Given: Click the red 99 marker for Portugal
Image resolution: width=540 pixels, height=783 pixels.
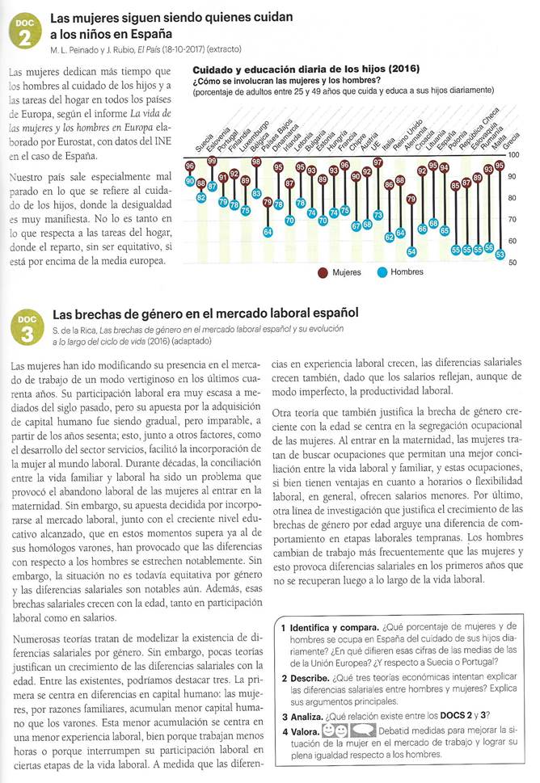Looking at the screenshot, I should [213, 162].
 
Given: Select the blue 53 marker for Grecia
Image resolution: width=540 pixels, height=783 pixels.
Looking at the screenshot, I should [500, 255].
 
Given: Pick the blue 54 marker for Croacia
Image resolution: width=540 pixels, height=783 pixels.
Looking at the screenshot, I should [411, 250].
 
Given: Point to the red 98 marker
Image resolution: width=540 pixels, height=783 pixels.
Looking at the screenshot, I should [256, 162].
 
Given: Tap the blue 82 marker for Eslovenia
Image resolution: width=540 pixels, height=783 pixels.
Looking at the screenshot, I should [201, 197].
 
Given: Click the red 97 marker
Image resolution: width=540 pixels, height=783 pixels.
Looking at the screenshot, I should [378, 163].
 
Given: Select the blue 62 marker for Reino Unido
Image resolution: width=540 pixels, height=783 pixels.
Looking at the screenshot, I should [389, 236].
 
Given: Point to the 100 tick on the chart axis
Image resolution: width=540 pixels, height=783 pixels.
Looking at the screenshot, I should [514, 154].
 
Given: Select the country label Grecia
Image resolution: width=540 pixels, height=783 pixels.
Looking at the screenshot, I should [508, 141].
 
